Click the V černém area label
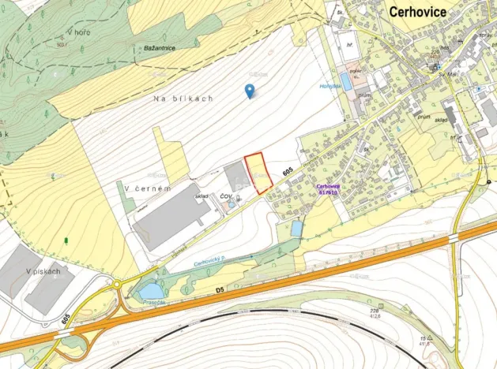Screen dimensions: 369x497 point(147,188)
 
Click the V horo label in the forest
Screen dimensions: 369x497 point(79,32)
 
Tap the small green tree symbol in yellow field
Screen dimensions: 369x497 point(67,238)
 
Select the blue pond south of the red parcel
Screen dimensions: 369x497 point(296,228)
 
